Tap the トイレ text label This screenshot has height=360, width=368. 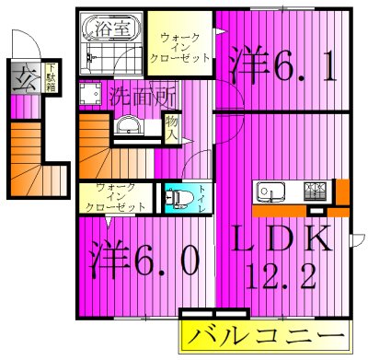[x=202, y=198]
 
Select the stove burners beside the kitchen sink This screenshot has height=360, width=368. [x=315, y=192]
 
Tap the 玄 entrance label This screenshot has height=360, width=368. [x=20, y=77]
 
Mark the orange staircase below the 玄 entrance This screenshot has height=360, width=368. [x=34, y=160]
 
